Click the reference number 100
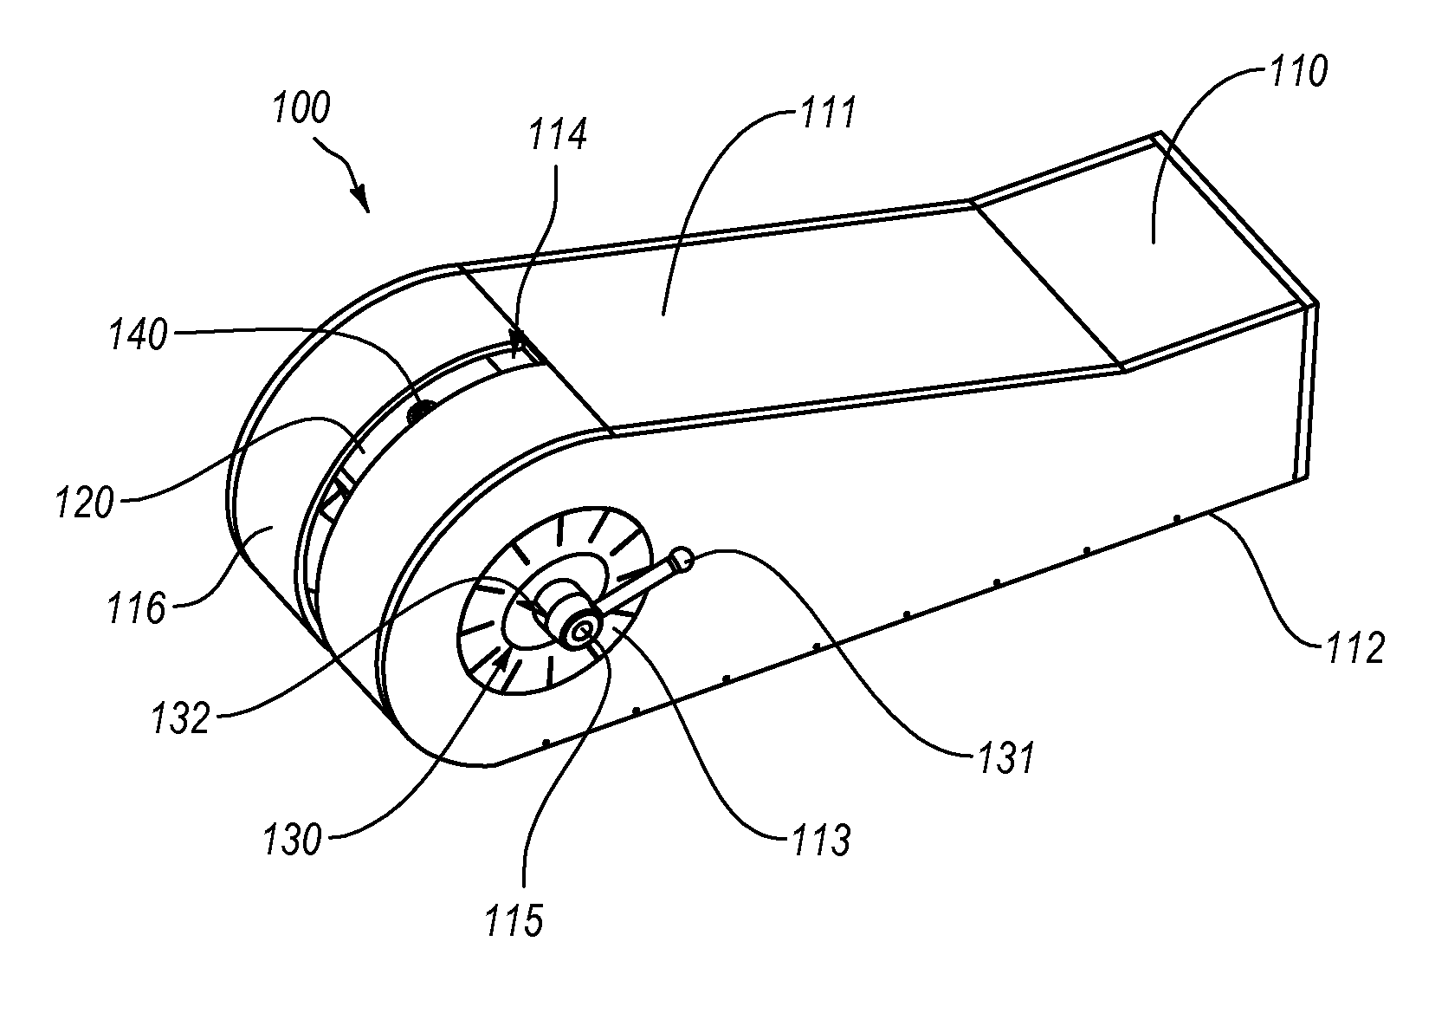tap(301, 107)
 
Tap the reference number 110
tap(1299, 71)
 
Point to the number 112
tap(1355, 646)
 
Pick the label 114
tap(558, 134)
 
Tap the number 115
tap(514, 920)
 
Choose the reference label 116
tap(137, 608)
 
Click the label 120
tap(86, 503)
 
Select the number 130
tap(292, 841)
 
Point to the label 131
tap(1007, 757)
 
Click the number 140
tap(139, 336)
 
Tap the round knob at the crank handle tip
tap(682, 559)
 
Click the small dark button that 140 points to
tap(421, 411)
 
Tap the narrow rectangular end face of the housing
tap(1303, 392)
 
